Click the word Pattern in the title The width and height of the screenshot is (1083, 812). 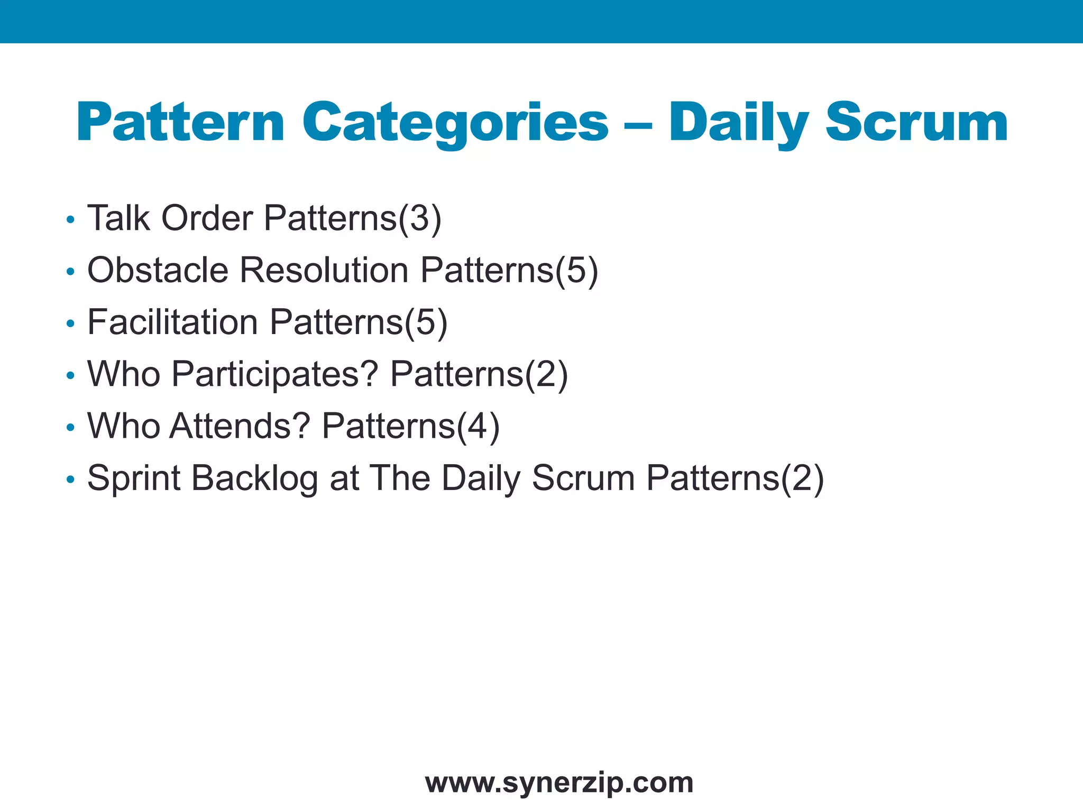pyautogui.click(x=180, y=123)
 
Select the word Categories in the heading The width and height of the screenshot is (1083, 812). pyautogui.click(x=455, y=123)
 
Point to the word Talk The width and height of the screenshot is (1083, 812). pyautogui.click(x=118, y=218)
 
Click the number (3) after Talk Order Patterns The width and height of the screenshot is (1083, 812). pyautogui.click(x=420, y=219)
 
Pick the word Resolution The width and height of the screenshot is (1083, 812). pyautogui.click(x=324, y=270)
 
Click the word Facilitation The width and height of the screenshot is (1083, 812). pyautogui.click(x=173, y=322)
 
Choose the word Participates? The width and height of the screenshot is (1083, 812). pyautogui.click(x=275, y=374)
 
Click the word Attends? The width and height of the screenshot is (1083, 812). pyautogui.click(x=240, y=426)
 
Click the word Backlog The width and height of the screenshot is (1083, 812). pyautogui.click(x=254, y=478)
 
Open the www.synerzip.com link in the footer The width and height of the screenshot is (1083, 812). pyautogui.click(x=559, y=782)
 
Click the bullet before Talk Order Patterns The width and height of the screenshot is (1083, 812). pyautogui.click(x=70, y=219)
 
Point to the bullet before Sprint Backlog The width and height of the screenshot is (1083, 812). pyautogui.click(x=70, y=480)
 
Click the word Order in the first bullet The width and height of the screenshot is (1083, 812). pyautogui.click(x=207, y=218)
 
